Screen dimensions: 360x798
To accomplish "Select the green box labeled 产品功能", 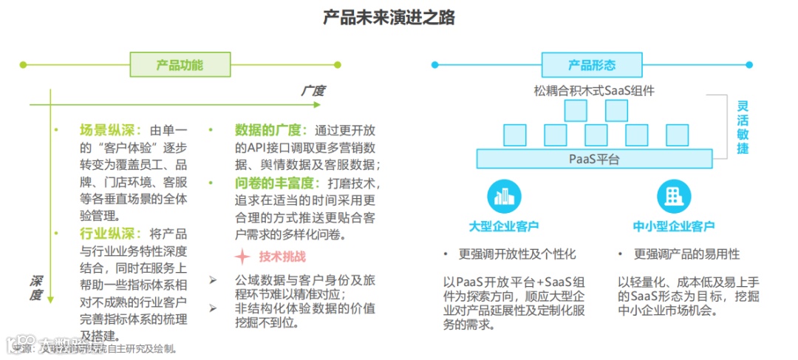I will click(180, 65).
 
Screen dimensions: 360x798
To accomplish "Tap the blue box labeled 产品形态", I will click(592, 65).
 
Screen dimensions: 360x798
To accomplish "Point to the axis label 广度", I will click(312, 91).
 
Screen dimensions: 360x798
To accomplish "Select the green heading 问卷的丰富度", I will click(277, 183).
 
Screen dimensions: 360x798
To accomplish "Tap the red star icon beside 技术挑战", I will click(242, 257).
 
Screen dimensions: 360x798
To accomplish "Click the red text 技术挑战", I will click(282, 257).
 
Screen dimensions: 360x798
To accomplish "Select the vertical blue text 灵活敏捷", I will click(743, 126).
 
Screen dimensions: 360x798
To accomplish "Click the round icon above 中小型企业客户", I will click(674, 196).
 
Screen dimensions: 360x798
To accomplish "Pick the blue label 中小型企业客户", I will click(674, 225).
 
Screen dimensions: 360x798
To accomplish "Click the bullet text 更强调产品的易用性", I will click(686, 254).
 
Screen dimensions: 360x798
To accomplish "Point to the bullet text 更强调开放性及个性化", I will click(516, 254).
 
